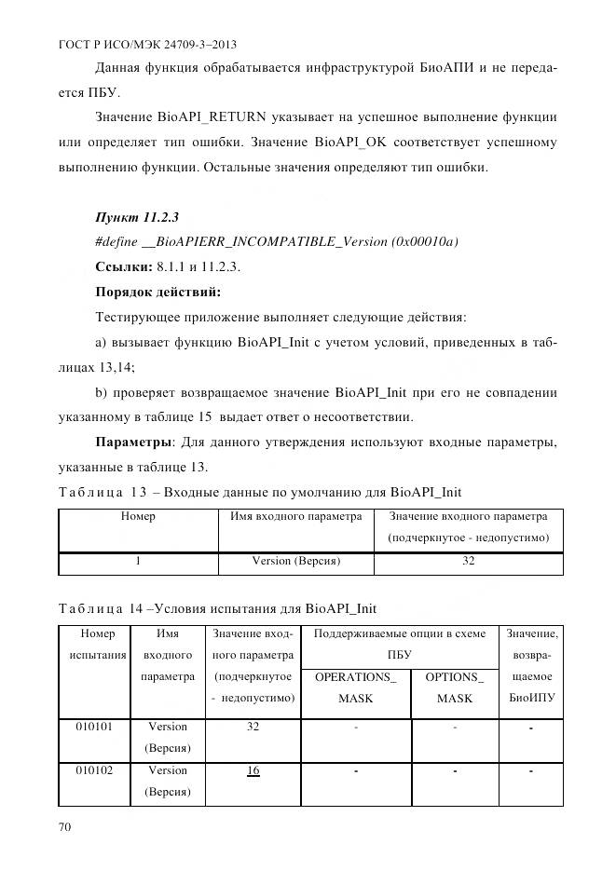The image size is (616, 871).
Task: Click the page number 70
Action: coord(66,826)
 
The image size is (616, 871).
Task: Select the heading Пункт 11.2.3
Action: coord(137,218)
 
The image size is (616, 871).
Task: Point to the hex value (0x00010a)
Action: coord(423,242)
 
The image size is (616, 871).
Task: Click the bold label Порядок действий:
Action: coord(157,292)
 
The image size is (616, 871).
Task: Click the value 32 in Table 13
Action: coord(469,562)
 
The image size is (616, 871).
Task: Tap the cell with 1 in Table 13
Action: coord(138,562)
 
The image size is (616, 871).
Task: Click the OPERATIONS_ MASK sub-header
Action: coord(355,687)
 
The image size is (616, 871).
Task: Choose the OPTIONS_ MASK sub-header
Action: coord(454,687)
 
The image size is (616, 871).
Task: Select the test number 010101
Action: coord(92,727)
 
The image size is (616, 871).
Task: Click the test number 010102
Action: coord(92,770)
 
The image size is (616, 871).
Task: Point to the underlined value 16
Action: coord(253,770)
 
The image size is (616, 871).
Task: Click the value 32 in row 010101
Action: coord(253,727)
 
